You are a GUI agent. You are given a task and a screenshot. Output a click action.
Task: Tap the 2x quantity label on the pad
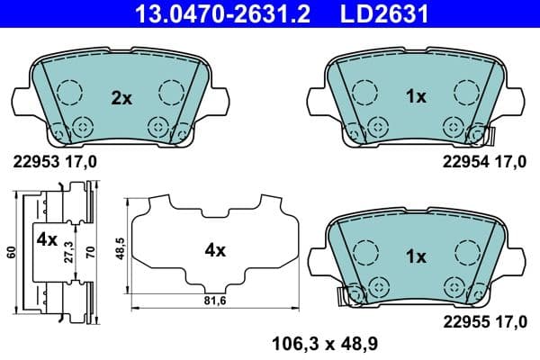click(x=121, y=98)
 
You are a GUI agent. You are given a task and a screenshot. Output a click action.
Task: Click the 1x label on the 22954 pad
click(x=415, y=98)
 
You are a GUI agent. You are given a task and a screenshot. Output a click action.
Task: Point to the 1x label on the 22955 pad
click(x=415, y=256)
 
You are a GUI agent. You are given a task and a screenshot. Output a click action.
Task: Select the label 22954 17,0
click(x=484, y=163)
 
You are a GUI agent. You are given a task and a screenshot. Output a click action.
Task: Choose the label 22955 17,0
click(x=484, y=319)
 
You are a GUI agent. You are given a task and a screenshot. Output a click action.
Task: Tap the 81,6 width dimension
click(x=215, y=299)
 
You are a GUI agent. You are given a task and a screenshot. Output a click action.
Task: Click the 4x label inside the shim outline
click(x=213, y=251)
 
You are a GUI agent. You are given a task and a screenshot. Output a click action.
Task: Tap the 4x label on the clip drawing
click(x=46, y=240)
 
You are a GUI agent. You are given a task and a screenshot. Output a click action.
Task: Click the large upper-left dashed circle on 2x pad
click(x=67, y=91)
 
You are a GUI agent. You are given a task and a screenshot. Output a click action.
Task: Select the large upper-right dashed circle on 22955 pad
click(x=464, y=248)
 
